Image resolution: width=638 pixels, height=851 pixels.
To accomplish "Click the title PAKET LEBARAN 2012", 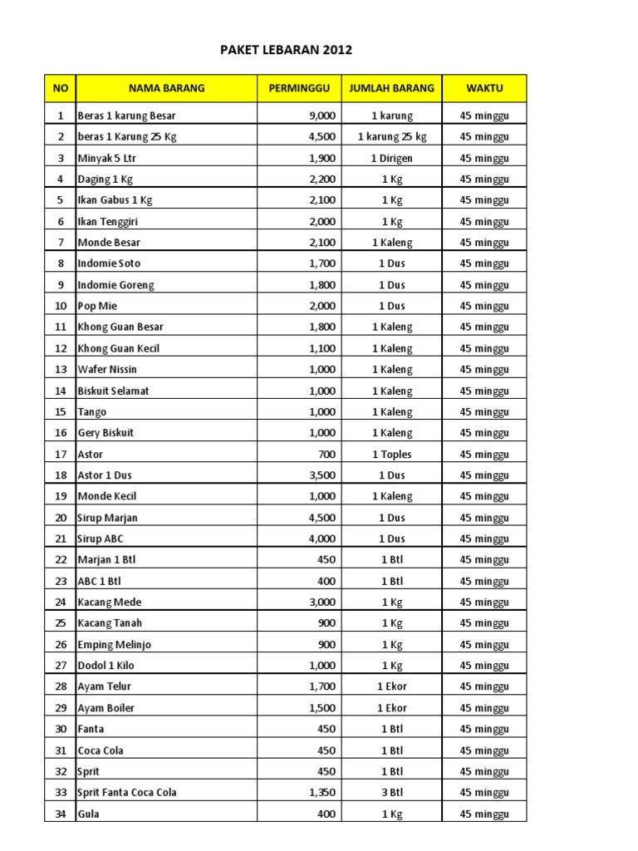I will (x=286, y=50).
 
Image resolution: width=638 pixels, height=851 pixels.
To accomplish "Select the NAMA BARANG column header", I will (x=166, y=88).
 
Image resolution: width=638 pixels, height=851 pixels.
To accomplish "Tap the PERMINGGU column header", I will (x=299, y=88).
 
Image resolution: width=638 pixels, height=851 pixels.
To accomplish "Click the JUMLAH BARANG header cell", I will (x=391, y=88).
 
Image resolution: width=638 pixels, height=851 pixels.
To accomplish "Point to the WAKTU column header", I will (x=484, y=88).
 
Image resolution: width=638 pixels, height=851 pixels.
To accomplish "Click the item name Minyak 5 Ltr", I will (x=105, y=158).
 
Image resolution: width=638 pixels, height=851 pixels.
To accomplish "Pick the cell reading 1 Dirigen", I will (x=392, y=158).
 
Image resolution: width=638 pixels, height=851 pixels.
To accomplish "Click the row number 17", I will (x=60, y=455).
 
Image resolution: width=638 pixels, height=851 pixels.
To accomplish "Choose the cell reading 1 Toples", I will (x=392, y=455).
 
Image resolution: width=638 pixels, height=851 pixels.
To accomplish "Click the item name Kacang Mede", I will (x=110, y=603).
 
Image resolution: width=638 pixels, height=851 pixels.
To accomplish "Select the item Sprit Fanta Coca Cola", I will (x=126, y=793).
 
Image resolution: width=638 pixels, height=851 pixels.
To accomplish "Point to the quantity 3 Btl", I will (x=392, y=793).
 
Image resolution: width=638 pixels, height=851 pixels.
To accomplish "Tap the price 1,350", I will (x=321, y=793).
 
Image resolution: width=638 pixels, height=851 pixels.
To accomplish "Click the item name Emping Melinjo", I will (x=114, y=645).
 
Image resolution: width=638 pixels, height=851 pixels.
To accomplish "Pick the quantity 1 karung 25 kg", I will (x=392, y=137).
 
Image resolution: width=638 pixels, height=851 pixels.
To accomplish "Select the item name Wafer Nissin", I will (x=107, y=370).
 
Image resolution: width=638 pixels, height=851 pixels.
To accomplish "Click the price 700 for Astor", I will (x=326, y=455).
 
